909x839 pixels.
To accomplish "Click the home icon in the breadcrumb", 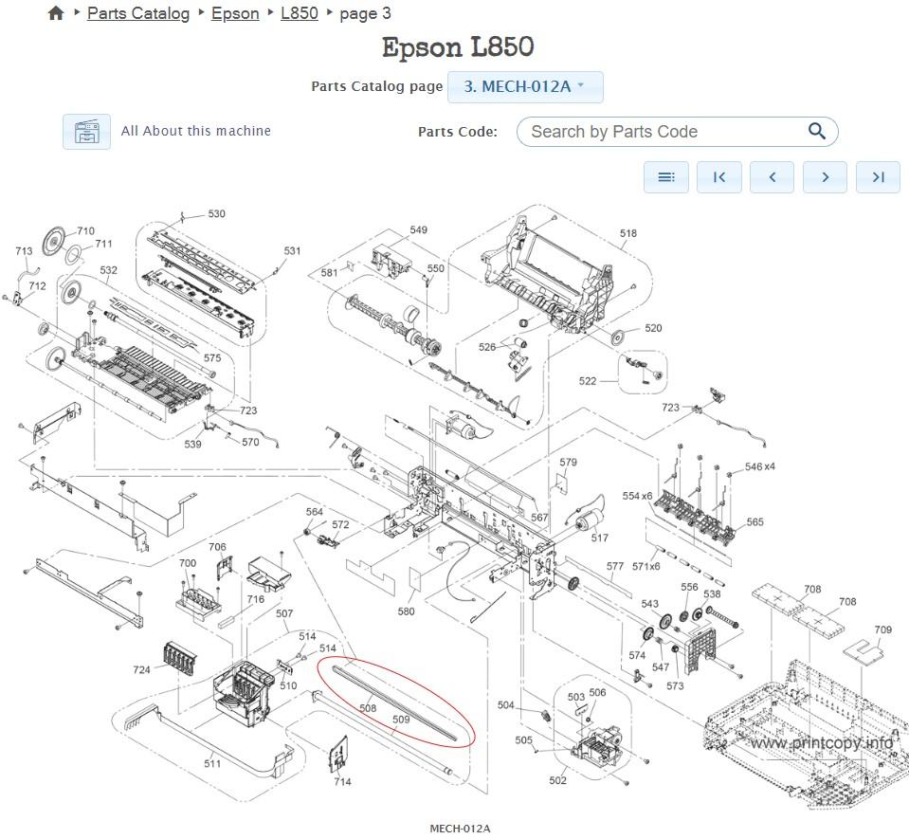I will (56, 13).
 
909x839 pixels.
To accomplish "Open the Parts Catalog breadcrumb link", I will (138, 13).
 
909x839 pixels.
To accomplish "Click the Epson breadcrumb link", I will (235, 13).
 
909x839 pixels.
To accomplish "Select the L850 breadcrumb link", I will (300, 13).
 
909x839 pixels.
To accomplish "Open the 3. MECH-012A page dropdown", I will (524, 86).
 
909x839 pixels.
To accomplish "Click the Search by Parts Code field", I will (664, 132).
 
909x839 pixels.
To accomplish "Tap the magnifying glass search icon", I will (816, 132).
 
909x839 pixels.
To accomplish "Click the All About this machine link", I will (195, 131).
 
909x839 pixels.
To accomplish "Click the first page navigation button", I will (718, 176).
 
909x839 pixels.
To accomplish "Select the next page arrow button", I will (825, 176).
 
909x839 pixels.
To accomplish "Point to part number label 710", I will (85, 231).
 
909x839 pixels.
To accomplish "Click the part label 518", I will (627, 233).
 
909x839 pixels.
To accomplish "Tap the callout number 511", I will (212, 764).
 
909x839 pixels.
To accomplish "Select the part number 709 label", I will (882, 629).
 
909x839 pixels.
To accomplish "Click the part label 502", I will (557, 780).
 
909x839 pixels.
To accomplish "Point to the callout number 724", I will (141, 670).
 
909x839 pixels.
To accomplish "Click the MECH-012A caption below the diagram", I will (460, 829).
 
